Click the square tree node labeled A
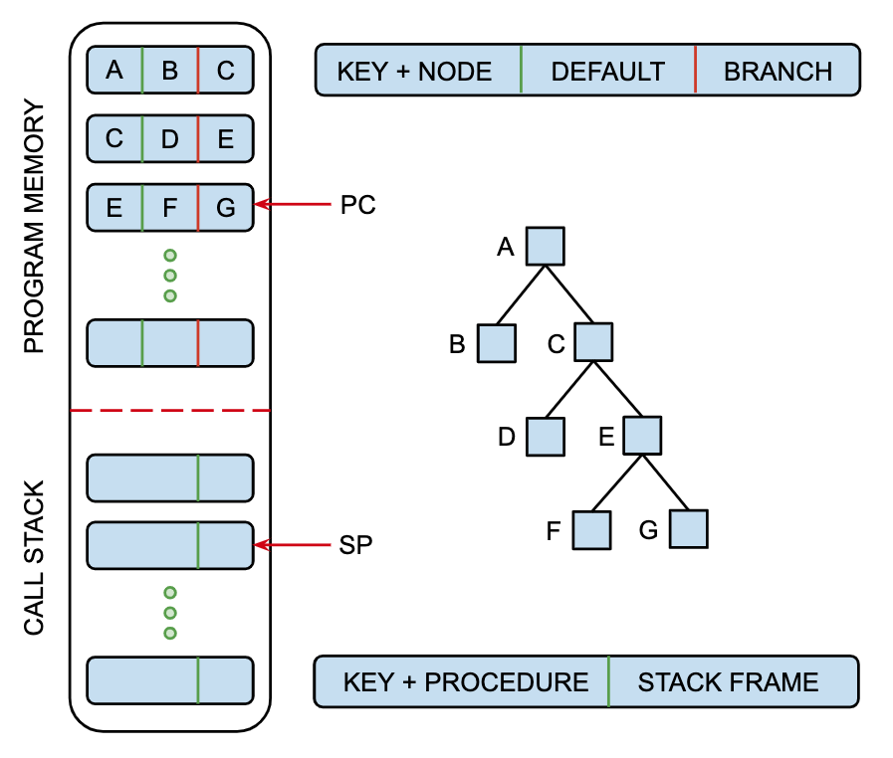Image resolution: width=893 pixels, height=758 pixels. pyautogui.click(x=546, y=246)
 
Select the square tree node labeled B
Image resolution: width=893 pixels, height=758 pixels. pyautogui.click(x=496, y=343)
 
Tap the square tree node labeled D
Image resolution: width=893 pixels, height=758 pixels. pyautogui.click(x=546, y=436)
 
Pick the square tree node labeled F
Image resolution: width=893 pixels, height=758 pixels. pyautogui.click(x=591, y=529)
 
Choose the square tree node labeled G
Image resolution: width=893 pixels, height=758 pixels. pyautogui.click(x=688, y=529)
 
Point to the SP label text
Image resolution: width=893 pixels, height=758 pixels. pyautogui.click(x=356, y=545)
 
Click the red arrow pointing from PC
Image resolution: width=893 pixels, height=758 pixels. pyautogui.click(x=293, y=205)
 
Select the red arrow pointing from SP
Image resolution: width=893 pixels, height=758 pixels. pyautogui.click(x=293, y=545)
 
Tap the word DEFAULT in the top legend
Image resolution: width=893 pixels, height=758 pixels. pyautogui.click(x=607, y=72)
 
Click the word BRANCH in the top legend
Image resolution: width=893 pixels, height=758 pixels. pyautogui.click(x=778, y=72)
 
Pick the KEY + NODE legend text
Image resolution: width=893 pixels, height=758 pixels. pyautogui.click(x=415, y=72)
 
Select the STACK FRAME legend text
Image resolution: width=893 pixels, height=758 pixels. pyautogui.click(x=728, y=682)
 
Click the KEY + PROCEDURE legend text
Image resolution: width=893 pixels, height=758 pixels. pyautogui.click(x=466, y=682)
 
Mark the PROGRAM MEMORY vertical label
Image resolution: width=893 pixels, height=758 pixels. pyautogui.click(x=35, y=227)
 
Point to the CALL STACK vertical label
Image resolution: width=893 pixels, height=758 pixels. pyautogui.click(x=35, y=559)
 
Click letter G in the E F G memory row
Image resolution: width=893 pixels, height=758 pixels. pyautogui.click(x=226, y=208)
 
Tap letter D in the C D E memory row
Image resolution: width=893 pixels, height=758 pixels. pyautogui.click(x=169, y=139)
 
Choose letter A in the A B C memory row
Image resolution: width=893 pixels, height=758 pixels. pyautogui.click(x=113, y=71)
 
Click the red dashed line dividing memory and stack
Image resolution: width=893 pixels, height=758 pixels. pyautogui.click(x=169, y=410)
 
